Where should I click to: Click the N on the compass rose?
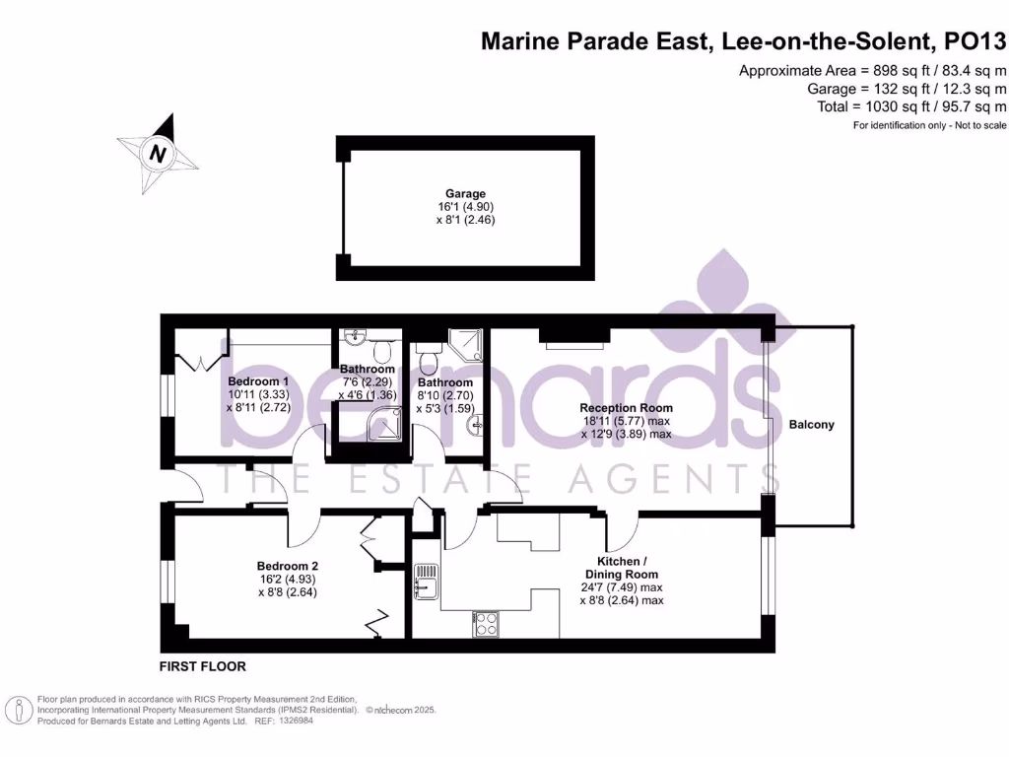point(157,154)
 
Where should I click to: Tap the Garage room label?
point(464,193)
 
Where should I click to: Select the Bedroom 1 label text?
point(258,381)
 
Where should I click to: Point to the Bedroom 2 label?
point(288,566)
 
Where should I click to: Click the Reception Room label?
point(626,407)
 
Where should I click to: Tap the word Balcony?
point(811,425)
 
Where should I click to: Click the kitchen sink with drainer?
point(426,581)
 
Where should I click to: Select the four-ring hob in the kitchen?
point(487,623)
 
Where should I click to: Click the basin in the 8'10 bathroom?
point(476,425)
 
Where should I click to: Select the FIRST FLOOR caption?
point(202,666)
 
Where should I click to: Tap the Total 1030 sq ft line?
point(911,106)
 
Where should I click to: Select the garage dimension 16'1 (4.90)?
point(464,207)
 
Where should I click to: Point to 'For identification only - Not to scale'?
point(929,125)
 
